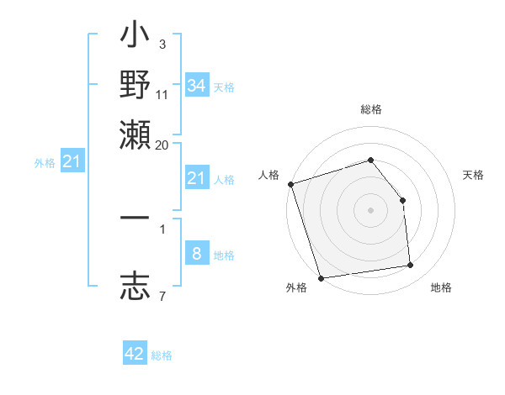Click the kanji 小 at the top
(135, 39)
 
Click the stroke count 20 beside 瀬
(162, 145)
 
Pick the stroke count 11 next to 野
(162, 94)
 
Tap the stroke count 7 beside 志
(162, 296)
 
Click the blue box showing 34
(196, 86)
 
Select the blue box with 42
(135, 354)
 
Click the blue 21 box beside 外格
(71, 162)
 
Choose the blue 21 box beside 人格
(196, 178)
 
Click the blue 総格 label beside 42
(162, 355)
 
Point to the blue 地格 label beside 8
(224, 255)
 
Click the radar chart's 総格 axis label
(370, 110)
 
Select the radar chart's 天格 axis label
(473, 175)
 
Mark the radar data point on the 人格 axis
(290, 184)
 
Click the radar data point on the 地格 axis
(411, 266)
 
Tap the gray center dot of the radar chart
(370, 210)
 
